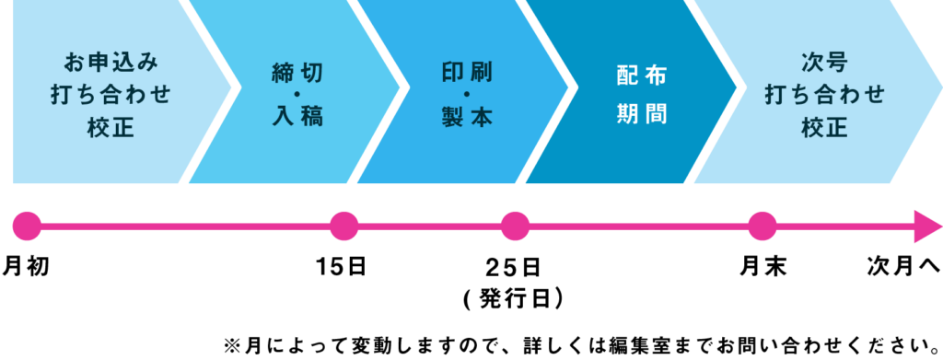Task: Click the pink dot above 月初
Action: [x=27, y=226]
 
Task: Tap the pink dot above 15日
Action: [x=344, y=226]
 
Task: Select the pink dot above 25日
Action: [x=516, y=226]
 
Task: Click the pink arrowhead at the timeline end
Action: [x=927, y=226]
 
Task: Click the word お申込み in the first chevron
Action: [x=112, y=63]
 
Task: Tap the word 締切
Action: [x=297, y=74]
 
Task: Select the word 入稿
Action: [x=297, y=116]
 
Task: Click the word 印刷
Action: [x=467, y=74]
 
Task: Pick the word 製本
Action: [x=467, y=116]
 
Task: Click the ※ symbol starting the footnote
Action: [x=231, y=347]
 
